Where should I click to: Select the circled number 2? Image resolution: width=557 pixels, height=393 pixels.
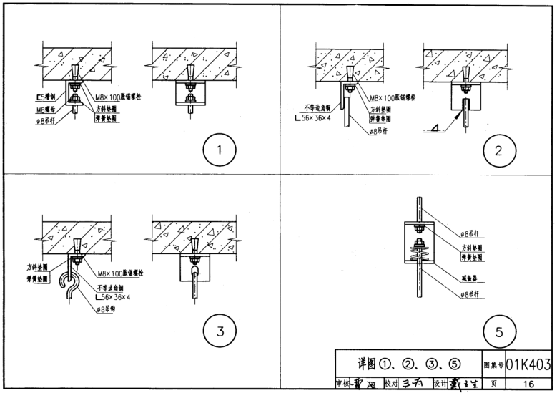(494, 150)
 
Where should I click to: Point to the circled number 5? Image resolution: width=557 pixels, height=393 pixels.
(494, 331)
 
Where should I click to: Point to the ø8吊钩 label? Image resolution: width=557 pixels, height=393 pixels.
(105, 309)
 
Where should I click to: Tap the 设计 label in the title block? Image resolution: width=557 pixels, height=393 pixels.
(440, 384)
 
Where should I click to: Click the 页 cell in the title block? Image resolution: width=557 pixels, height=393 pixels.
(493, 384)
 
